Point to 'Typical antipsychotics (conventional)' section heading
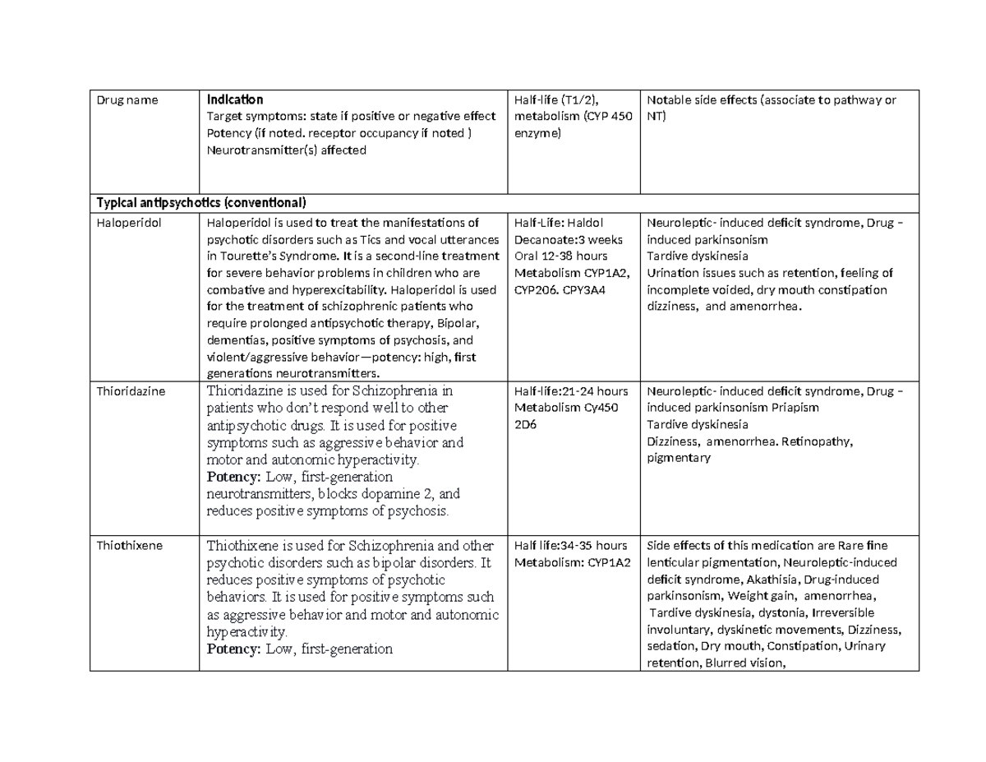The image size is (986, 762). [201, 202]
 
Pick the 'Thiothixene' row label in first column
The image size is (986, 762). [128, 545]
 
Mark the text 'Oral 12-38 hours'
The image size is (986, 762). [560, 256]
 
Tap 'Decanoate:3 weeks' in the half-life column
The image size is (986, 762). [568, 239]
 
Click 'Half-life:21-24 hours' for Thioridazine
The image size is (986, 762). [570, 391]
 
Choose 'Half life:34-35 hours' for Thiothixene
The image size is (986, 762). [570, 545]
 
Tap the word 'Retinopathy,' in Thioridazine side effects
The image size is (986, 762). [818, 441]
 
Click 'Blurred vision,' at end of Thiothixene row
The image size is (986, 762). [743, 663]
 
